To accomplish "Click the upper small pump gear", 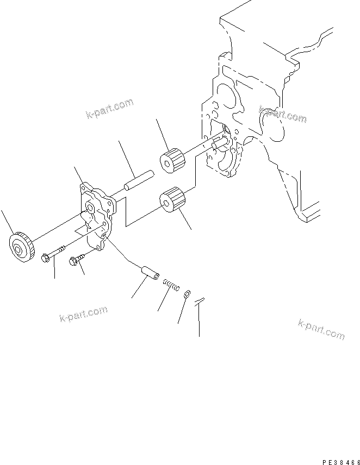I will click(x=172, y=159).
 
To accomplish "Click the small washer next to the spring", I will click(x=187, y=294).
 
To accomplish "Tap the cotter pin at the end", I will click(x=200, y=300).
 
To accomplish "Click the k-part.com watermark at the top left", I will click(x=109, y=108).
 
